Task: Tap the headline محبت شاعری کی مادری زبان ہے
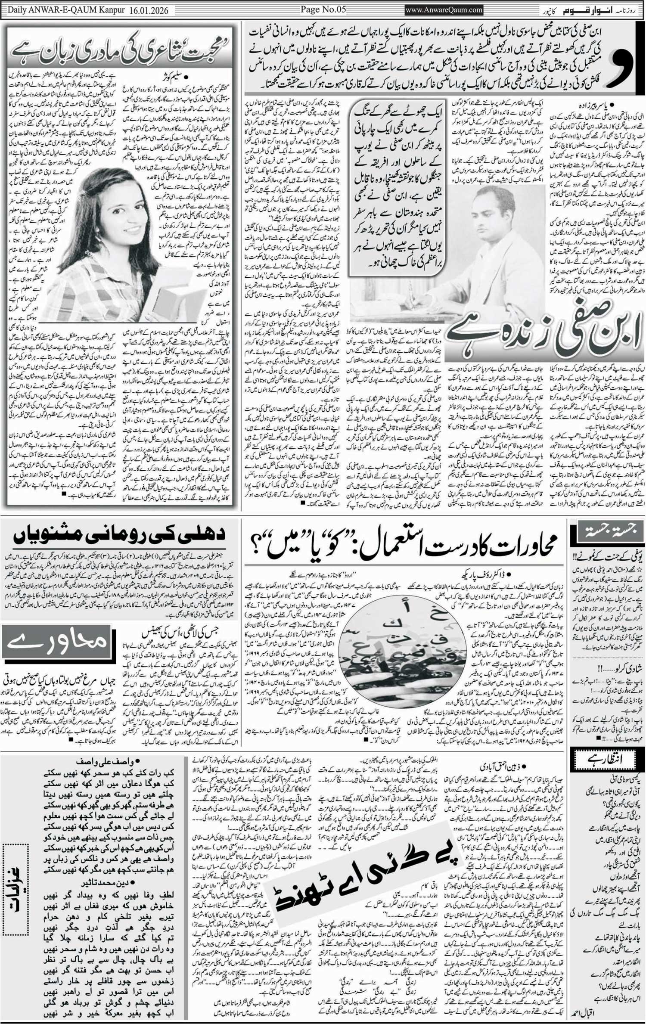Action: point(122,51)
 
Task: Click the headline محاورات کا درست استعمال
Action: point(403,545)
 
